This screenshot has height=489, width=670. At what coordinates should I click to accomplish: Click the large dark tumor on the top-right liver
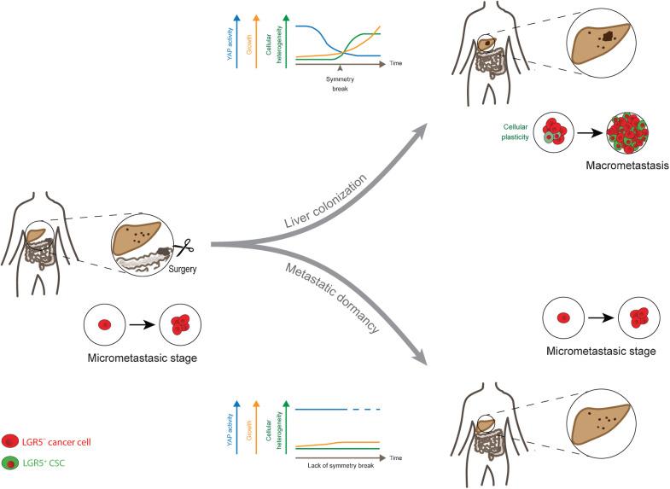point(609,37)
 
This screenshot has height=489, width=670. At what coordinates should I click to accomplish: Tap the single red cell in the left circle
point(104,324)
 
